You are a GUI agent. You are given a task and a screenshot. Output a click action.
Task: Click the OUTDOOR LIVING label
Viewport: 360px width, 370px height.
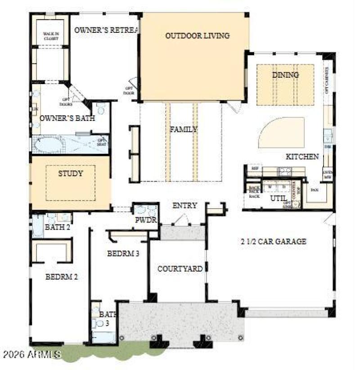197,36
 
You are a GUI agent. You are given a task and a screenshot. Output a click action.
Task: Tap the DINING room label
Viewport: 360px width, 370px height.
285,75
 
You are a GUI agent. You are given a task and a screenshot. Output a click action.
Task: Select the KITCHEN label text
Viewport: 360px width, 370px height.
302,157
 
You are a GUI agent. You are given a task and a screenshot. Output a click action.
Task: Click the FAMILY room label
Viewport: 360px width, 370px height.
183,129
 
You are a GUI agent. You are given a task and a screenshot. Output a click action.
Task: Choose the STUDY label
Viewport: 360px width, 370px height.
71,173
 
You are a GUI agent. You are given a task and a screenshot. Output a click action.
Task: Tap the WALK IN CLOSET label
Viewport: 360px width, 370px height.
51,36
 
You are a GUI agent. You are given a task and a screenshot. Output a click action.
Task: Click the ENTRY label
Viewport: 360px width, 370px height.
184,206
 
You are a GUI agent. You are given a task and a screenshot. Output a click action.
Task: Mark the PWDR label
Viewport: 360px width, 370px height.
145,220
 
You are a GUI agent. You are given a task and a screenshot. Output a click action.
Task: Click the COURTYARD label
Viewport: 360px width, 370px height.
180,269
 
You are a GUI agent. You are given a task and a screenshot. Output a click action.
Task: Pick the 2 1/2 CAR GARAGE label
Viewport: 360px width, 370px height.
273,241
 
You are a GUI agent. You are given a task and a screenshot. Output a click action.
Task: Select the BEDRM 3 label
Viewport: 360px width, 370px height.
123,254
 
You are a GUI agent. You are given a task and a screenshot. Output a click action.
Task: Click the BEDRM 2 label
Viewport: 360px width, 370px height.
62,276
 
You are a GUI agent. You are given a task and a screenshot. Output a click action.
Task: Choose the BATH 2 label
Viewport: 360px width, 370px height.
58,227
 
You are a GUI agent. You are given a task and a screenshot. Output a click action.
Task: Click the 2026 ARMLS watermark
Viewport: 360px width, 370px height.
31,355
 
